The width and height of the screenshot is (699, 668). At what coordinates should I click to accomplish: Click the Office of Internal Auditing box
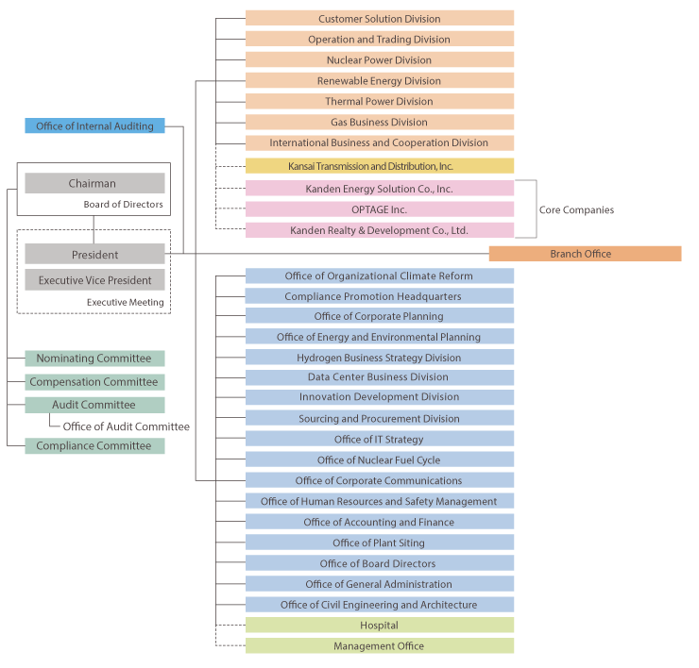[x=94, y=126]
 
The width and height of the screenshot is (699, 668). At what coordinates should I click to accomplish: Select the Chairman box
[x=94, y=183]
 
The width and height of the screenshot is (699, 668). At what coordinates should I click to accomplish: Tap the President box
[x=94, y=254]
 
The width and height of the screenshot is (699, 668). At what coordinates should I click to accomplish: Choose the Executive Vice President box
[x=94, y=279]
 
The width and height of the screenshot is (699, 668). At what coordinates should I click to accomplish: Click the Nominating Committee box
[x=94, y=359]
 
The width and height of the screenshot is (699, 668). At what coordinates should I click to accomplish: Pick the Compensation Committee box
[x=94, y=382]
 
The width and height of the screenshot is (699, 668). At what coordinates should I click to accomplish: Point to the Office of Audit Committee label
[x=127, y=426]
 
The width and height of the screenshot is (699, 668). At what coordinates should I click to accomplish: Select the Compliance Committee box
[x=94, y=445]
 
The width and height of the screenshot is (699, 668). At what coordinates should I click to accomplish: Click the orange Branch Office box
[x=585, y=254]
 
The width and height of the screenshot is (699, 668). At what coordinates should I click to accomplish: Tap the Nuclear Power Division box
[x=380, y=59]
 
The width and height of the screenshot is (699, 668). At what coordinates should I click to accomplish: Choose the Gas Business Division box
[x=380, y=122]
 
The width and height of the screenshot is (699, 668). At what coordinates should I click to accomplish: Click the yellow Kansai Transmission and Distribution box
[x=380, y=166]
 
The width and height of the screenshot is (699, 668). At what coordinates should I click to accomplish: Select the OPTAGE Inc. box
[x=380, y=209]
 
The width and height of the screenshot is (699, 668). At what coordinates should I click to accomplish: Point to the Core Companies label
[x=576, y=209]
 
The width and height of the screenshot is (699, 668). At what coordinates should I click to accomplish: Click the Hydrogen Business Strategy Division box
[x=380, y=358]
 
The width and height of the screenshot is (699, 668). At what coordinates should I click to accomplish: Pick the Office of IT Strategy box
[x=380, y=439]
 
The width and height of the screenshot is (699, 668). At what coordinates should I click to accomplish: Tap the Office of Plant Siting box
[x=380, y=543]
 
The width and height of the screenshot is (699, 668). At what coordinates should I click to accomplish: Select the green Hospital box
[x=380, y=626]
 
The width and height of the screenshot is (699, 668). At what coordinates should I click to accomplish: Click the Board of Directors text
[x=124, y=205]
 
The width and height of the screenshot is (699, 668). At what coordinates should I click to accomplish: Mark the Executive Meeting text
[x=126, y=302]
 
